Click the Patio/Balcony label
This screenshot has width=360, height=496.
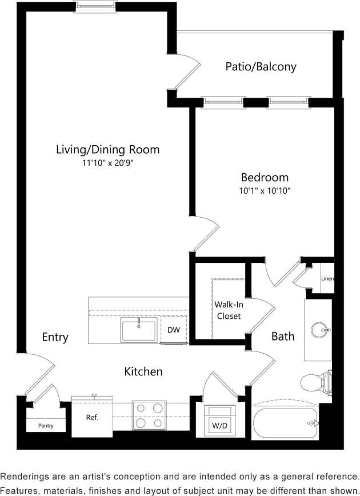[261, 67]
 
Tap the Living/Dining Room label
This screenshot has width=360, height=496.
[107, 150]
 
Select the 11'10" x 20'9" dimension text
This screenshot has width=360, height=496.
[107, 163]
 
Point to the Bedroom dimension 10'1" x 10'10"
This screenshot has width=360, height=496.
[264, 191]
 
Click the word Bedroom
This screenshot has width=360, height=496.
[264, 177]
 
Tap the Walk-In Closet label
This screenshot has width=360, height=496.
[227, 310]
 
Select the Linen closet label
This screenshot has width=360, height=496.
[327, 279]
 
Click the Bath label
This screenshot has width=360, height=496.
[282, 336]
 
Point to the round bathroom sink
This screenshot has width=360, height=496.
[319, 330]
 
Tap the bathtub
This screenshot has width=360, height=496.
[284, 423]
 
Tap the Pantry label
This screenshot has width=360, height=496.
[46, 426]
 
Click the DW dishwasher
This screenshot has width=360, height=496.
[174, 330]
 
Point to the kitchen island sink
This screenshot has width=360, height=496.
[138, 330]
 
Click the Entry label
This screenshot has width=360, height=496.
[55, 337]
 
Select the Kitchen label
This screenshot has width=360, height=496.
[143, 371]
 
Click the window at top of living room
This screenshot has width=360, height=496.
[96, 7]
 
